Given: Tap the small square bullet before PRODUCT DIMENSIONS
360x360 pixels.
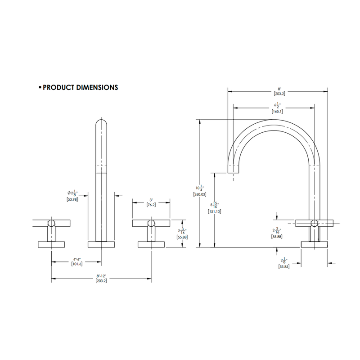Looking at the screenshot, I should tap(40, 87).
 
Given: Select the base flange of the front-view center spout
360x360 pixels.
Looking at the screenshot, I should tap(101, 245).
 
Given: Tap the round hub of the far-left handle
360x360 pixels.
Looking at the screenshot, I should tap(51, 222).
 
